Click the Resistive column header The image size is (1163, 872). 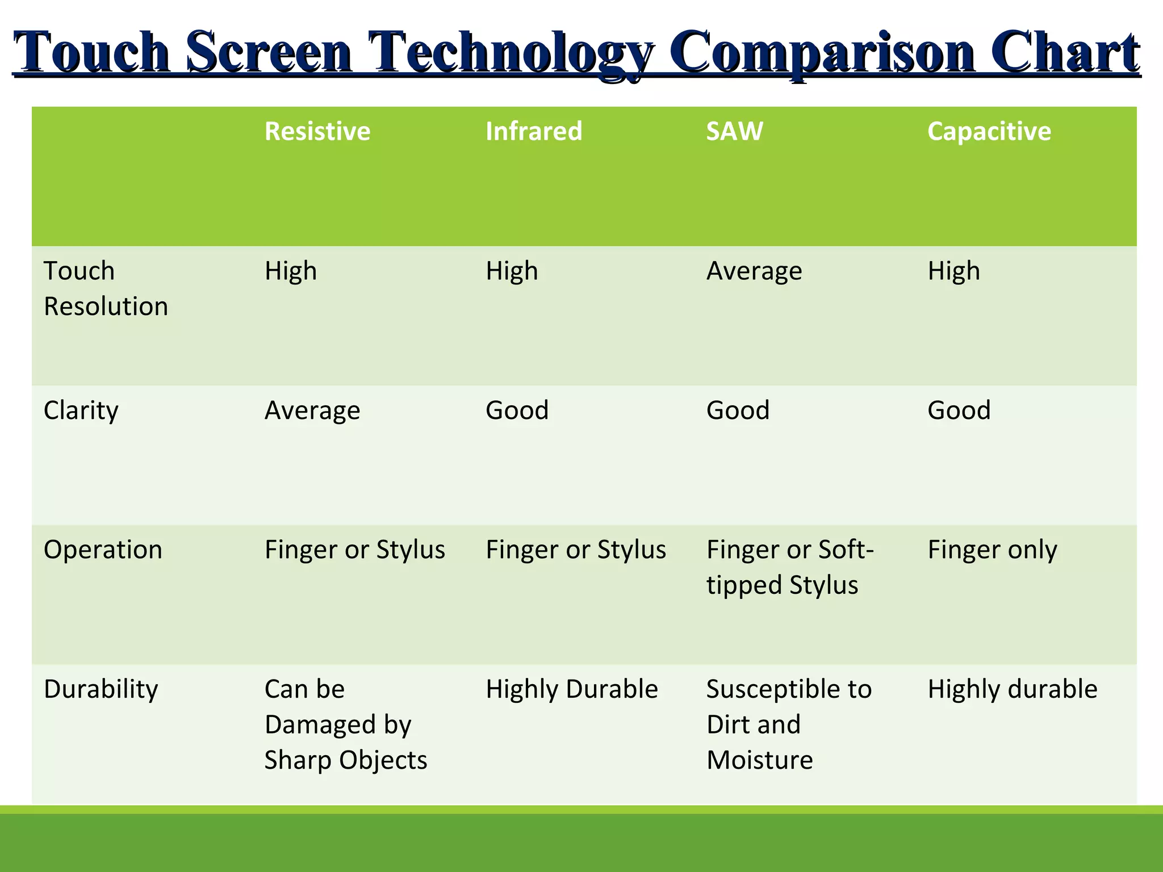[x=317, y=132]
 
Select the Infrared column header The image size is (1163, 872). [x=533, y=132]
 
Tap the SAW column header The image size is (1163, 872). [x=734, y=132]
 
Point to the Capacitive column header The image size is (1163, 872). [x=989, y=132]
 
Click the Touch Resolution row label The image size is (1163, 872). [x=106, y=288]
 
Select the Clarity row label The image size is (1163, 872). [x=81, y=410]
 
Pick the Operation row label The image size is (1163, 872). [x=103, y=550]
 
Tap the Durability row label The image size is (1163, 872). [x=101, y=689]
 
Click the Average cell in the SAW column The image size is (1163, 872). [x=754, y=271]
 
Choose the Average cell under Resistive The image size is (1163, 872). [x=312, y=410]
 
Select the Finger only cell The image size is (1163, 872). [x=992, y=550]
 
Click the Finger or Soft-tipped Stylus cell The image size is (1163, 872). [x=789, y=567]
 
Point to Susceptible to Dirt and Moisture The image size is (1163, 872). [x=788, y=724]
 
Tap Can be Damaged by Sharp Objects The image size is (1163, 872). [x=345, y=724]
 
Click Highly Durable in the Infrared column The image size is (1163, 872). [x=571, y=689]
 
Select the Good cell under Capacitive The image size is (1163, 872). [x=959, y=410]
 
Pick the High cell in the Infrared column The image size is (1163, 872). [x=511, y=271]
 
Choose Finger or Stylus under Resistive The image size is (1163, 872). [x=354, y=550]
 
